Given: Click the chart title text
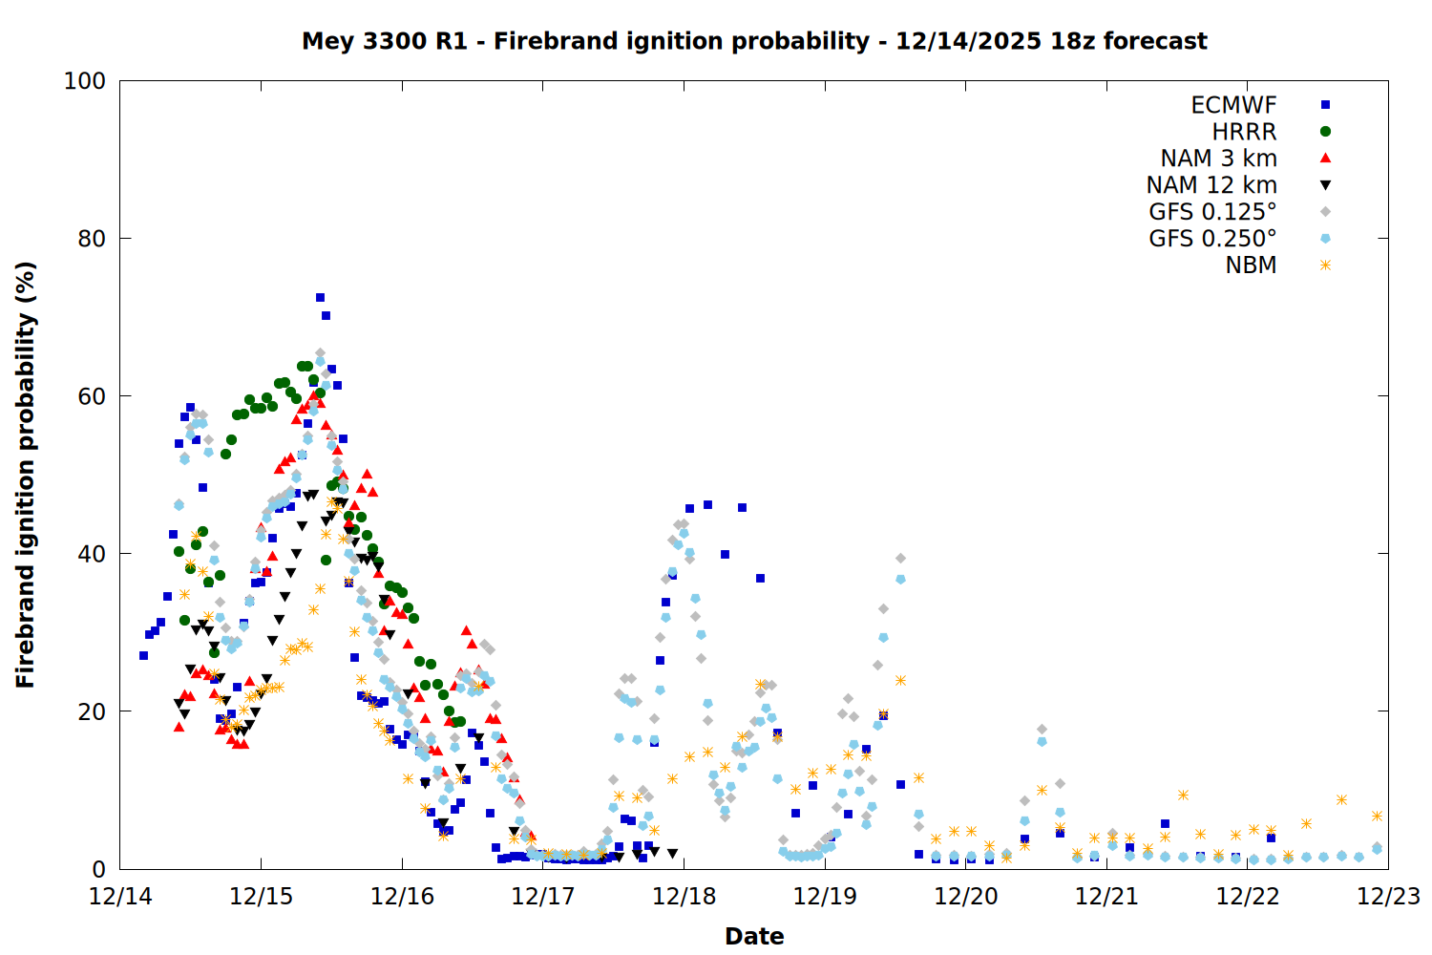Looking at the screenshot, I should pyautogui.click(x=754, y=41).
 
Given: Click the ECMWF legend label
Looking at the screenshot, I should pyautogui.click(x=1233, y=105).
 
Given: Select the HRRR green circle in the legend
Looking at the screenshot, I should pyautogui.click(x=1325, y=132).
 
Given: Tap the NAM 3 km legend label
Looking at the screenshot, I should pyautogui.click(x=1218, y=159).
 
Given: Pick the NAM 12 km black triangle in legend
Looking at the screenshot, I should pyautogui.click(x=1325, y=185).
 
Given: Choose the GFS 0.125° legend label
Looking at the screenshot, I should pyautogui.click(x=1212, y=212).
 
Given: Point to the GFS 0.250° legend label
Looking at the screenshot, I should pyautogui.click(x=1212, y=239).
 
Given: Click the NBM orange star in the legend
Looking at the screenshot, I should pyautogui.click(x=1325, y=265).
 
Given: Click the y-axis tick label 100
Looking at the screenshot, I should pyautogui.click(x=85, y=81).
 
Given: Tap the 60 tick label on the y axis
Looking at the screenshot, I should pyautogui.click(x=92, y=396).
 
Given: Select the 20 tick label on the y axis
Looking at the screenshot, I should pyautogui.click(x=92, y=711).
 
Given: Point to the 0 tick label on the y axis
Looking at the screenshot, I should pyautogui.click(x=98, y=869).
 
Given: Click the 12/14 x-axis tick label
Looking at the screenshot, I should pyautogui.click(x=120, y=897).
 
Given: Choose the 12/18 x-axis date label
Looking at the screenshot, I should pyautogui.click(x=684, y=897).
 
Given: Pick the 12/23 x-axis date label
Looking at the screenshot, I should pyautogui.click(x=1388, y=897).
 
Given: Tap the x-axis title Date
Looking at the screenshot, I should pyautogui.click(x=754, y=936).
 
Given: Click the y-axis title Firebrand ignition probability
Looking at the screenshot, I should pyautogui.click(x=26, y=475).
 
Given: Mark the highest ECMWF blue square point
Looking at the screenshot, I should pyautogui.click(x=320, y=298).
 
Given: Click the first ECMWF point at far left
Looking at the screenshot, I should pyautogui.click(x=143, y=655).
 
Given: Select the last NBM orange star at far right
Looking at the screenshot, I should pyautogui.click(x=1377, y=816).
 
